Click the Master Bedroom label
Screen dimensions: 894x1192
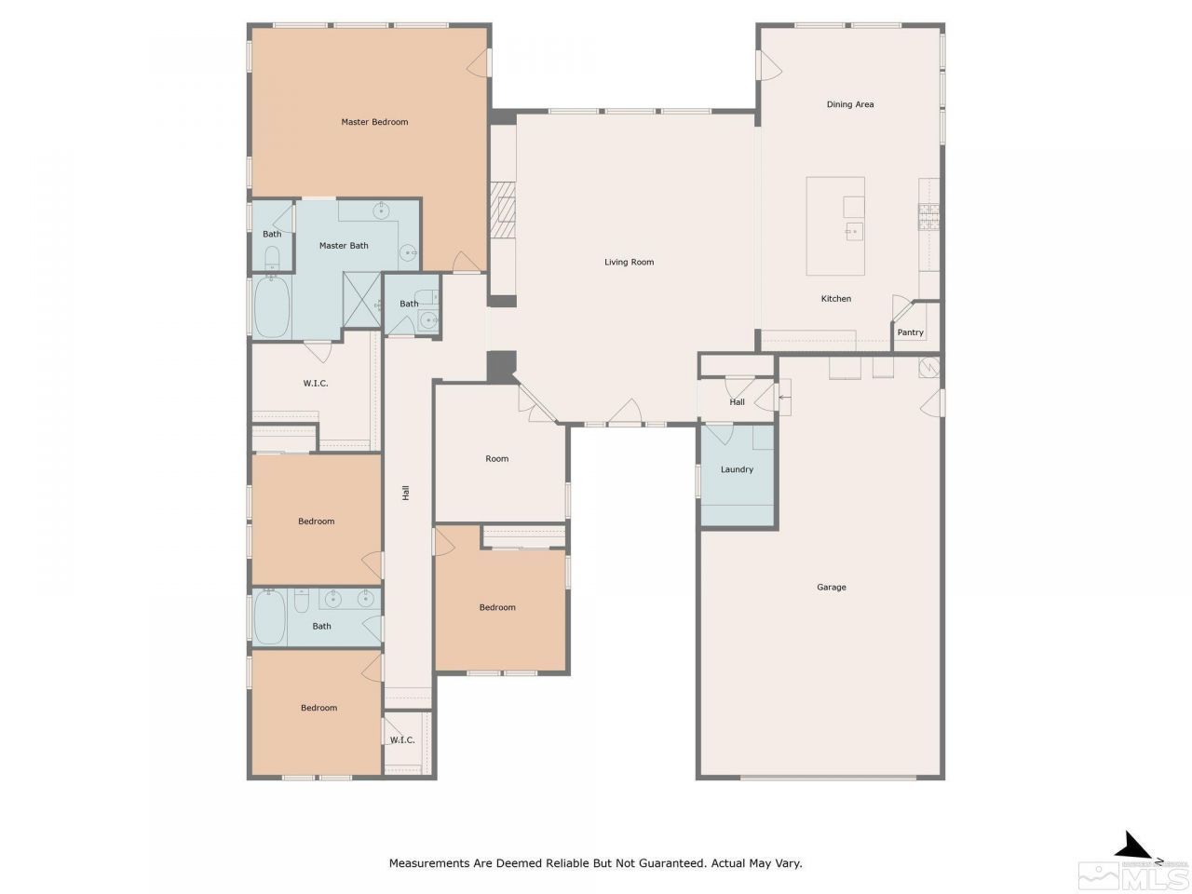374,122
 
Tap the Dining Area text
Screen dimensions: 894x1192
850,104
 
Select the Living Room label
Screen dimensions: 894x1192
630,262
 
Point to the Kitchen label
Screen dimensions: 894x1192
835,299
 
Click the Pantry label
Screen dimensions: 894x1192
910,332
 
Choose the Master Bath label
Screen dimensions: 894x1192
344,246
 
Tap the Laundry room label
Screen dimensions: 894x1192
737,469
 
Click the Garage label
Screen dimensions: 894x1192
832,588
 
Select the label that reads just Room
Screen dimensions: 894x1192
497,458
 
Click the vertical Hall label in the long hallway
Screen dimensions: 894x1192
406,494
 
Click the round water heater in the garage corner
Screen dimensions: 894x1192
928,367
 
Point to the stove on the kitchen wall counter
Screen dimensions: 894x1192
928,216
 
